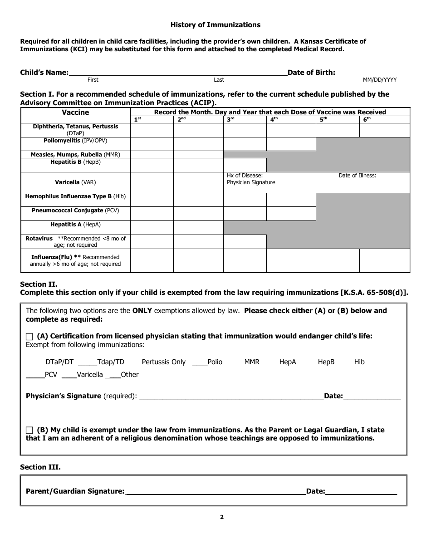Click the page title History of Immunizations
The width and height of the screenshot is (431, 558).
(215, 25)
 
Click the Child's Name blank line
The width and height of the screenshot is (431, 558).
(177, 73)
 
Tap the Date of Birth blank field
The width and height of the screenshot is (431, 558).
(368, 73)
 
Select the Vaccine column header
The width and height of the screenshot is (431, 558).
(75, 113)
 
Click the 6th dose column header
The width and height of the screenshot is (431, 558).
(384, 120)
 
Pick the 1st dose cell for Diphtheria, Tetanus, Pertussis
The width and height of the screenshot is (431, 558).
(152, 130)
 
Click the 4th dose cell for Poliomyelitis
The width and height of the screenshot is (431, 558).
(290, 144)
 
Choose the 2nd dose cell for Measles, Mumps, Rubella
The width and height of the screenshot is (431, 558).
(198, 154)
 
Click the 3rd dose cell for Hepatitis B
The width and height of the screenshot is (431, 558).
(244, 165)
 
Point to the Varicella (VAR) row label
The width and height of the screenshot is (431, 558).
(75, 182)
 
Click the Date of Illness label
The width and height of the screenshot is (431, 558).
(357, 176)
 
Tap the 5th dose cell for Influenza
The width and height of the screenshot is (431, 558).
(337, 260)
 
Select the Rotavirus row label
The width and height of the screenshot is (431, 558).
(75, 241)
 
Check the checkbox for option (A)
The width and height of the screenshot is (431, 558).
(30, 337)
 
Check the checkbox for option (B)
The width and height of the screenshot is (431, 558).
(30, 430)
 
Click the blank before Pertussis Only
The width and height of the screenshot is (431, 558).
(134, 362)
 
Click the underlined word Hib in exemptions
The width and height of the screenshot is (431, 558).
(359, 362)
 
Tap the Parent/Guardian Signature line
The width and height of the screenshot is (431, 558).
(215, 491)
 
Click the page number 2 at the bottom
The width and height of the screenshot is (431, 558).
(222, 517)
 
